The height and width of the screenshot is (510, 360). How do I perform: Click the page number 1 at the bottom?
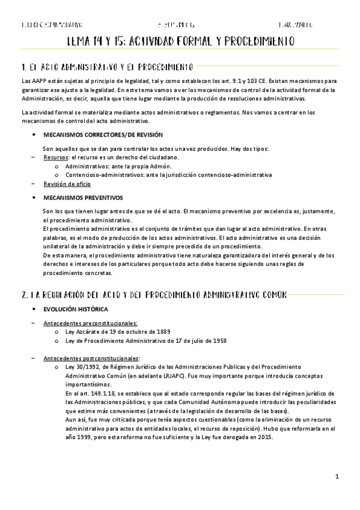[x=338, y=477]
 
